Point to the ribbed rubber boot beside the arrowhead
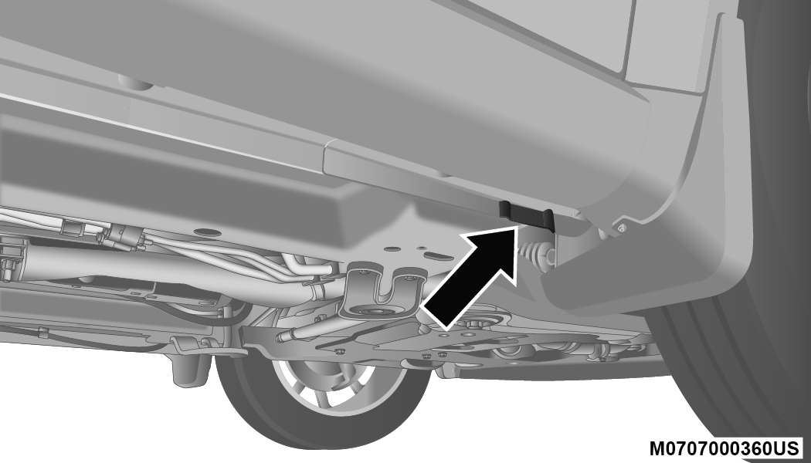pyautogui.click(x=535, y=253)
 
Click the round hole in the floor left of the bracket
pyautogui.click(x=206, y=232)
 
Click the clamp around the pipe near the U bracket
pyautogui.click(x=317, y=289)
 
